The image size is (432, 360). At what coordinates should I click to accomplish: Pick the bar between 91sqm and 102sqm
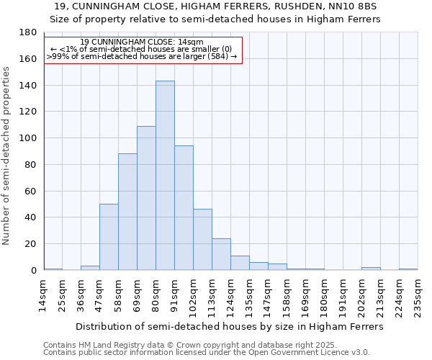click(184, 208)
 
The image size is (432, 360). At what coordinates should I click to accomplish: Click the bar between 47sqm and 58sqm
click(109, 237)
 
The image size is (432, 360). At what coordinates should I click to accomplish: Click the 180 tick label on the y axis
click(30, 32)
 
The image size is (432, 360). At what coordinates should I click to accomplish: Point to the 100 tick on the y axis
click(30, 138)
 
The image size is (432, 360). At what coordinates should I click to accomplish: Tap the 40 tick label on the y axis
click(32, 217)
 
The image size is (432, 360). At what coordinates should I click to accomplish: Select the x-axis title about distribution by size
click(230, 326)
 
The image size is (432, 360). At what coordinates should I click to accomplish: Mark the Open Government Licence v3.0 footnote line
click(206, 352)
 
